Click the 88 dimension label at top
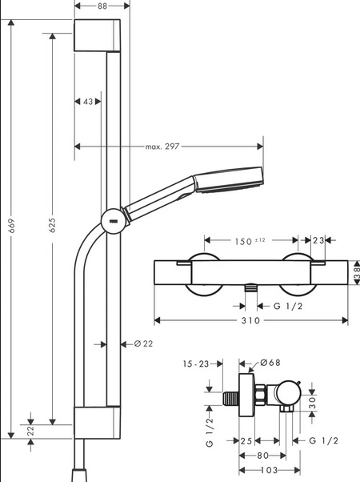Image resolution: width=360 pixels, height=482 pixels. [x=102, y=6]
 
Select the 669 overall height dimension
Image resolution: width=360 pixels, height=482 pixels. [x=11, y=225]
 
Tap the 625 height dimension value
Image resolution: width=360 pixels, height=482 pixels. [x=53, y=225]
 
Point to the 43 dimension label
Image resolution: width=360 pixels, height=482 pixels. [x=88, y=102]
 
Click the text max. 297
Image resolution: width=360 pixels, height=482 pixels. [x=162, y=147]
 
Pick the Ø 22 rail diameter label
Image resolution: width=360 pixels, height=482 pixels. [x=143, y=343]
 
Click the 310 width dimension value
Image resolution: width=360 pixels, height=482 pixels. [x=250, y=320]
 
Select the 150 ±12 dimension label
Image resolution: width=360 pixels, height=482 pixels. [x=250, y=241]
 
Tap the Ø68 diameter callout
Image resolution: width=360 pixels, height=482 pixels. [x=270, y=363]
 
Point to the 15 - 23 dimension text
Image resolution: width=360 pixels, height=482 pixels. [x=196, y=364]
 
